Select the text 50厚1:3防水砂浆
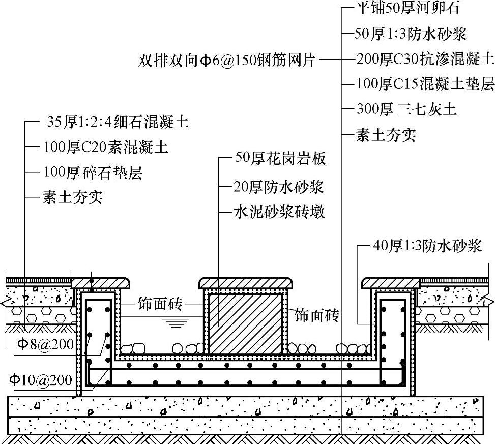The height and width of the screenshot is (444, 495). point(411,34)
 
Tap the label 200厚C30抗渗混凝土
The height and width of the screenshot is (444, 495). point(425,59)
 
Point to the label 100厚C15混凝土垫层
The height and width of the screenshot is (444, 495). point(425,84)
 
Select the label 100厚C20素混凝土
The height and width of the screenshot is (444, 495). point(106,147)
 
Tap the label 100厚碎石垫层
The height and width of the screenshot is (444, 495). point(93,172)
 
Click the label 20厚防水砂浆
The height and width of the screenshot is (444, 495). point(279,187)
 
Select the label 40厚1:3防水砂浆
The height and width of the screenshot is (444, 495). point(427,246)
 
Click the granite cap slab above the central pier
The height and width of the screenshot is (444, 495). point(247,283)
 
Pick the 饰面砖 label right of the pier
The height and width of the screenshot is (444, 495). point(317,315)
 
